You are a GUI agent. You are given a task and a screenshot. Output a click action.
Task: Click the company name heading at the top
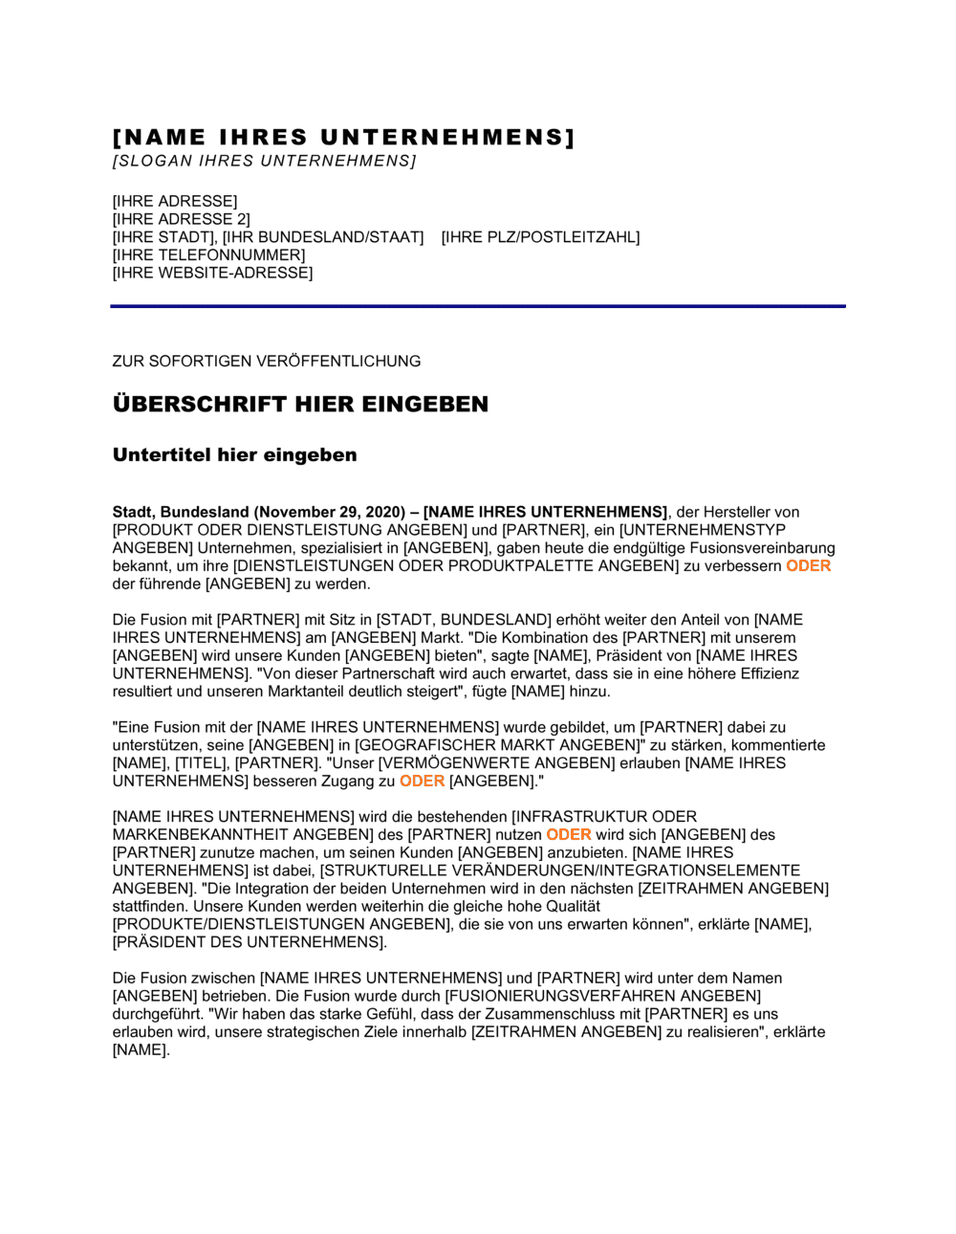click(x=343, y=138)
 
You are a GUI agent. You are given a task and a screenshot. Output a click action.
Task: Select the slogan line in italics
click(x=264, y=161)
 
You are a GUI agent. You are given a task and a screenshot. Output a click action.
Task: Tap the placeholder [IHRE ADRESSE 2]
click(x=181, y=219)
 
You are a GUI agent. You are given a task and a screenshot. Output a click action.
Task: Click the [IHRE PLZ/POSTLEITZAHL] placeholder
click(x=540, y=237)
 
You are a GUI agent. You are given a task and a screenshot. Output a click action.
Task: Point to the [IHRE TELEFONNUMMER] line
click(x=208, y=255)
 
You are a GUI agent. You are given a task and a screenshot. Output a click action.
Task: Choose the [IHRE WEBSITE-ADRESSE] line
click(x=212, y=273)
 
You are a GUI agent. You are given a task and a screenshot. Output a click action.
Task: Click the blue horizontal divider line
click(x=478, y=306)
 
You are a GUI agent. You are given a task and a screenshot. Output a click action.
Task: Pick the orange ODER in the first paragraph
click(x=808, y=566)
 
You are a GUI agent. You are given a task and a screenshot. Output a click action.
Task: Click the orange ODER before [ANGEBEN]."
click(x=422, y=782)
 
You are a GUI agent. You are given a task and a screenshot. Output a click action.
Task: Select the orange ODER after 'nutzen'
click(x=568, y=835)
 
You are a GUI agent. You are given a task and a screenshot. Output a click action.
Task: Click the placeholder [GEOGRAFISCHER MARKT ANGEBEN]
click(x=496, y=745)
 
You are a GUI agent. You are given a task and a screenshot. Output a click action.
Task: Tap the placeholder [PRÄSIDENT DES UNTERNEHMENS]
click(x=249, y=942)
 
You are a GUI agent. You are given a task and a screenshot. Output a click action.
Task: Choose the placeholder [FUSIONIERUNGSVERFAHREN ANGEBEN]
click(x=602, y=996)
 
